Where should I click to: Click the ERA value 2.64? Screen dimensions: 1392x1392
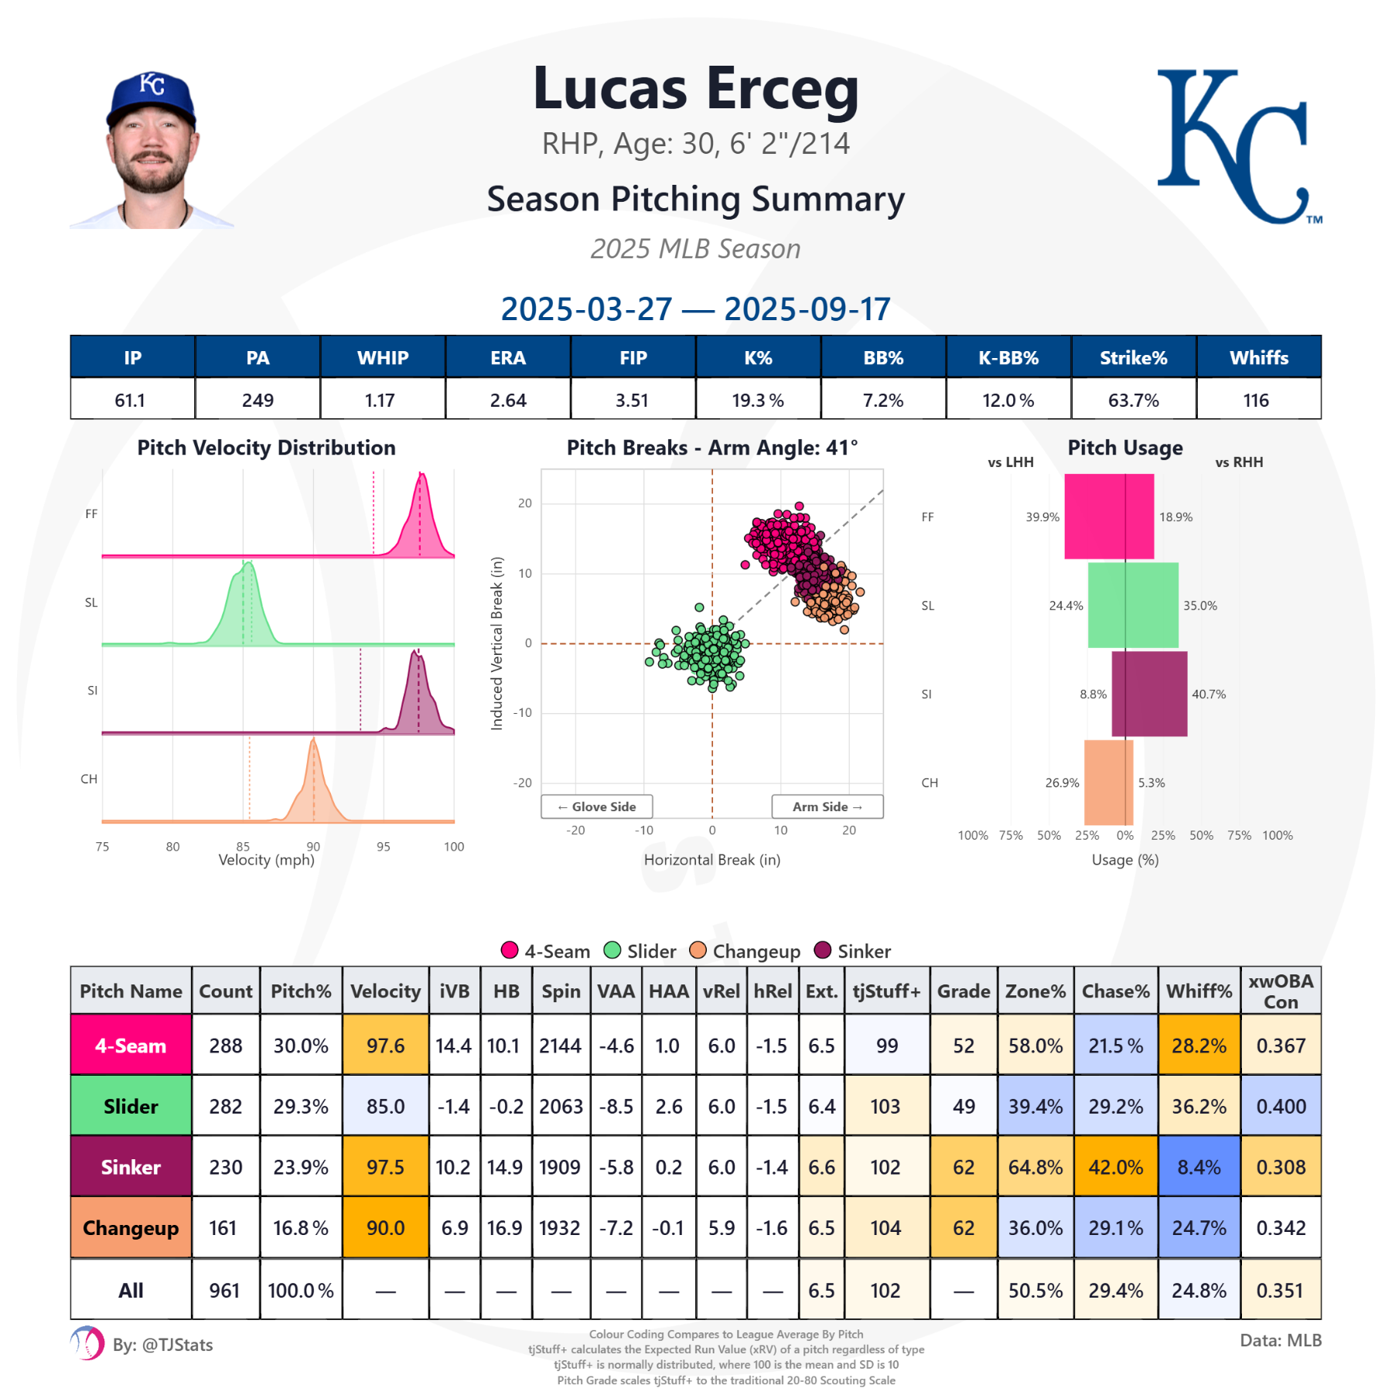[508, 400]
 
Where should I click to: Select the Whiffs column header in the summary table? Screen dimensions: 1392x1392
[1258, 357]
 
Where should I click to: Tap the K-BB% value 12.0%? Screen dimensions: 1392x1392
[1008, 400]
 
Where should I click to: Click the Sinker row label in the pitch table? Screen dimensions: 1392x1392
[131, 1167]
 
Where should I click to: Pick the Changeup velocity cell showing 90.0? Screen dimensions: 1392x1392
[385, 1228]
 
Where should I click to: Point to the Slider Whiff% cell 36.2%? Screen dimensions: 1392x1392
[1199, 1106]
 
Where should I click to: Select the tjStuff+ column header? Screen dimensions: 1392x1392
[886, 991]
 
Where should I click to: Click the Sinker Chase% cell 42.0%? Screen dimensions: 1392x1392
[1115, 1167]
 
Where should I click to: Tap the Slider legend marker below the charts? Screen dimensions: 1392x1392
[612, 950]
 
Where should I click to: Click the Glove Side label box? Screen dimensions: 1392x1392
[596, 807]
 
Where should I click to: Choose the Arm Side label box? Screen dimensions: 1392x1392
[827, 807]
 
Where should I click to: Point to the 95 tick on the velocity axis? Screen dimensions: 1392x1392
[384, 847]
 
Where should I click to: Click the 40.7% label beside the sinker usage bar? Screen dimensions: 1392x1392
[1209, 694]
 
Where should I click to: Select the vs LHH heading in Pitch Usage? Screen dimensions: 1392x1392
[1010, 462]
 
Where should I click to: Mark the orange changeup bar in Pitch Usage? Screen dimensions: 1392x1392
[1108, 783]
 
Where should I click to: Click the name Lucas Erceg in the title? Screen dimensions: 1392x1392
[696, 89]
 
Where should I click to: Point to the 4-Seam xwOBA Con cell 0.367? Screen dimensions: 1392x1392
[1280, 1046]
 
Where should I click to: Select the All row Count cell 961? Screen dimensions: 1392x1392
[225, 1290]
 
